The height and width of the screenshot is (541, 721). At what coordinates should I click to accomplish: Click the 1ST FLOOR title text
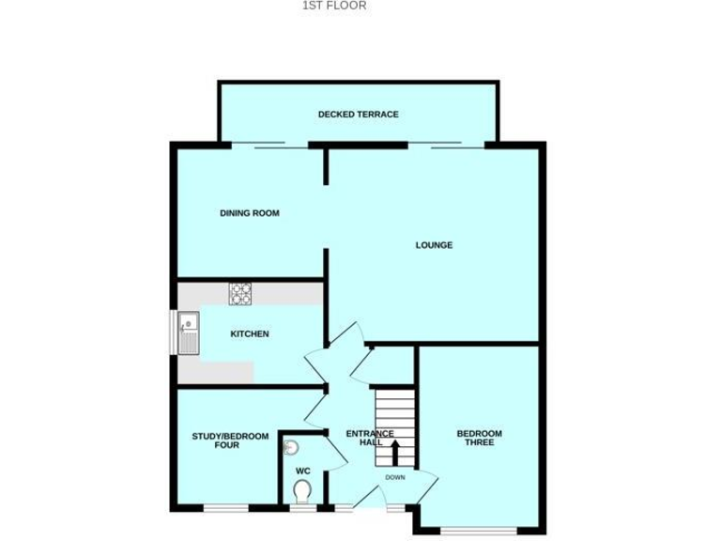point(334,6)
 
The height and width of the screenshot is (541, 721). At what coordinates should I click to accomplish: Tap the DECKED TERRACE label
point(358,115)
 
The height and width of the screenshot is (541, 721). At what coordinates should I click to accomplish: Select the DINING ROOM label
point(250,213)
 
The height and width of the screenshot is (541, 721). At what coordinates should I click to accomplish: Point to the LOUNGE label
point(434,245)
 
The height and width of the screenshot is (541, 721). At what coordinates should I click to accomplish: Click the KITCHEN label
point(250,334)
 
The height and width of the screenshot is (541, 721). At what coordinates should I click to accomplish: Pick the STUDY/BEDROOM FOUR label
point(230,441)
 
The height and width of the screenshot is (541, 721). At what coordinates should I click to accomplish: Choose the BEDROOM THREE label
point(479,439)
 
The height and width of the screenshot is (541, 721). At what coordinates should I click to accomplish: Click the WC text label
point(302,471)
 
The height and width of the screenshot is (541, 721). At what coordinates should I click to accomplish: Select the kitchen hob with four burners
point(241,294)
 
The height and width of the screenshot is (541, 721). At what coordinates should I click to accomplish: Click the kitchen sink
point(189,332)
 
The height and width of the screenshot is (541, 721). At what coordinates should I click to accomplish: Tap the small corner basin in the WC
point(290,448)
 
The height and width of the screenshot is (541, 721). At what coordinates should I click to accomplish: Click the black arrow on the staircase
point(394,455)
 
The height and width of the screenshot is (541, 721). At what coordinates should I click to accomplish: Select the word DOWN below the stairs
point(394,477)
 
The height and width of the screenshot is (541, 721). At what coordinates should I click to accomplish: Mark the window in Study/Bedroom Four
point(226,508)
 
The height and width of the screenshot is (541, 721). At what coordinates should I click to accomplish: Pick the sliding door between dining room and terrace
point(269,144)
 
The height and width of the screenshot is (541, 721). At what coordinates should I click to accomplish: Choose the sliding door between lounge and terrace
point(445,144)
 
